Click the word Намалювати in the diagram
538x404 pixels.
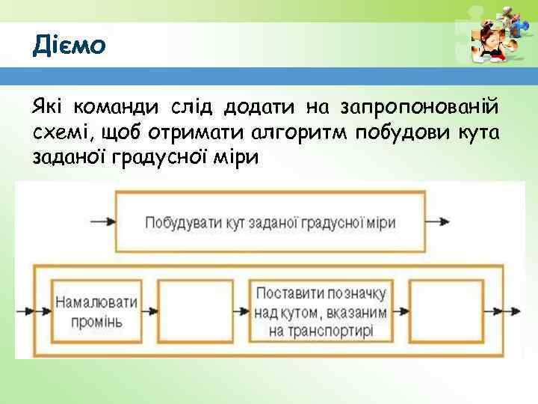pyautogui.click(x=96, y=302)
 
